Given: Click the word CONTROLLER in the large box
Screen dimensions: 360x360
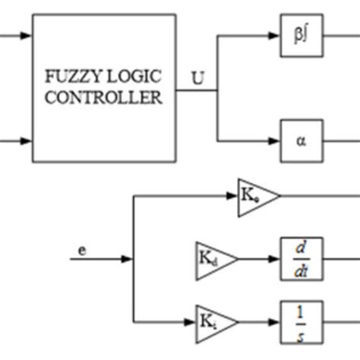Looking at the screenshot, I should tap(103, 98).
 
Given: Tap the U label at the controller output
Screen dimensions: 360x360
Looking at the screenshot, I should tap(198, 78).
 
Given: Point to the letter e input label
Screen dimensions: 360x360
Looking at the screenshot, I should tap(81, 248).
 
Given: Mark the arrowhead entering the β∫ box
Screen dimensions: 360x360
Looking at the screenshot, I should tap(276, 36).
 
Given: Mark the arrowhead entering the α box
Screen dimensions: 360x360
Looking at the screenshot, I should tap(276, 141).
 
